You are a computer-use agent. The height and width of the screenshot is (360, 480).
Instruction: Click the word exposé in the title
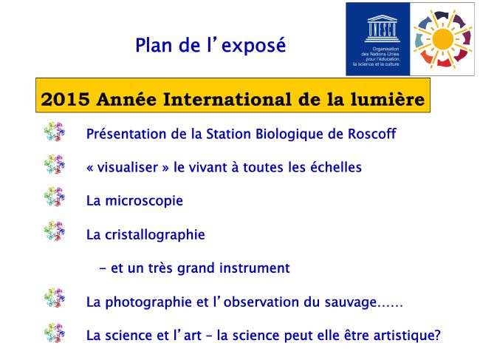[x=253, y=46]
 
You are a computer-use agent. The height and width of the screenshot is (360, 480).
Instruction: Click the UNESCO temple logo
[x=382, y=29]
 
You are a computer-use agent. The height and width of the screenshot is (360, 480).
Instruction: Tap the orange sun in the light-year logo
[x=443, y=39]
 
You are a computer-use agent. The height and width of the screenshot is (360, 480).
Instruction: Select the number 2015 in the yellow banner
[x=65, y=99]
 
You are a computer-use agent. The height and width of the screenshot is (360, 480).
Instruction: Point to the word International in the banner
[x=227, y=99]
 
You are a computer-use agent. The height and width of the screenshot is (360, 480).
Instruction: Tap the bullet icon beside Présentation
[x=55, y=132]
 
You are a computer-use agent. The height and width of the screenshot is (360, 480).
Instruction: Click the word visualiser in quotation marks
[x=127, y=167]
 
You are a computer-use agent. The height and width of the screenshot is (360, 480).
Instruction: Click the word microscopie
[x=144, y=201]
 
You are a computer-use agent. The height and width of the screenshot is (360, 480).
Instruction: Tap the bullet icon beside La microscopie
[x=55, y=197]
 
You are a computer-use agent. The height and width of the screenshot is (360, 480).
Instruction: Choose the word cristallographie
[x=155, y=235]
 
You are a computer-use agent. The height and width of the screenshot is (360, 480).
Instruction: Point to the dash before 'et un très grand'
[x=103, y=269]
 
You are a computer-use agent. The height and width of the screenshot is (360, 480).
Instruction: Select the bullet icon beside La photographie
[x=55, y=297]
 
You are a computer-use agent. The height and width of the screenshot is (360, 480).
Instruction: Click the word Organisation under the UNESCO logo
[x=385, y=49]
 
